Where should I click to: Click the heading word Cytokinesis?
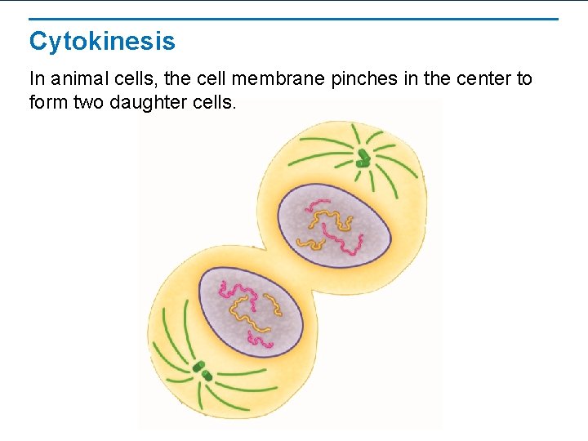[102, 41]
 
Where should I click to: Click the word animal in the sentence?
[77, 79]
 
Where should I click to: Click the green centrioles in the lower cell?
[203, 372]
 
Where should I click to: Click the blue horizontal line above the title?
[294, 19]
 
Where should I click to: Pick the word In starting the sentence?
[37, 79]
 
